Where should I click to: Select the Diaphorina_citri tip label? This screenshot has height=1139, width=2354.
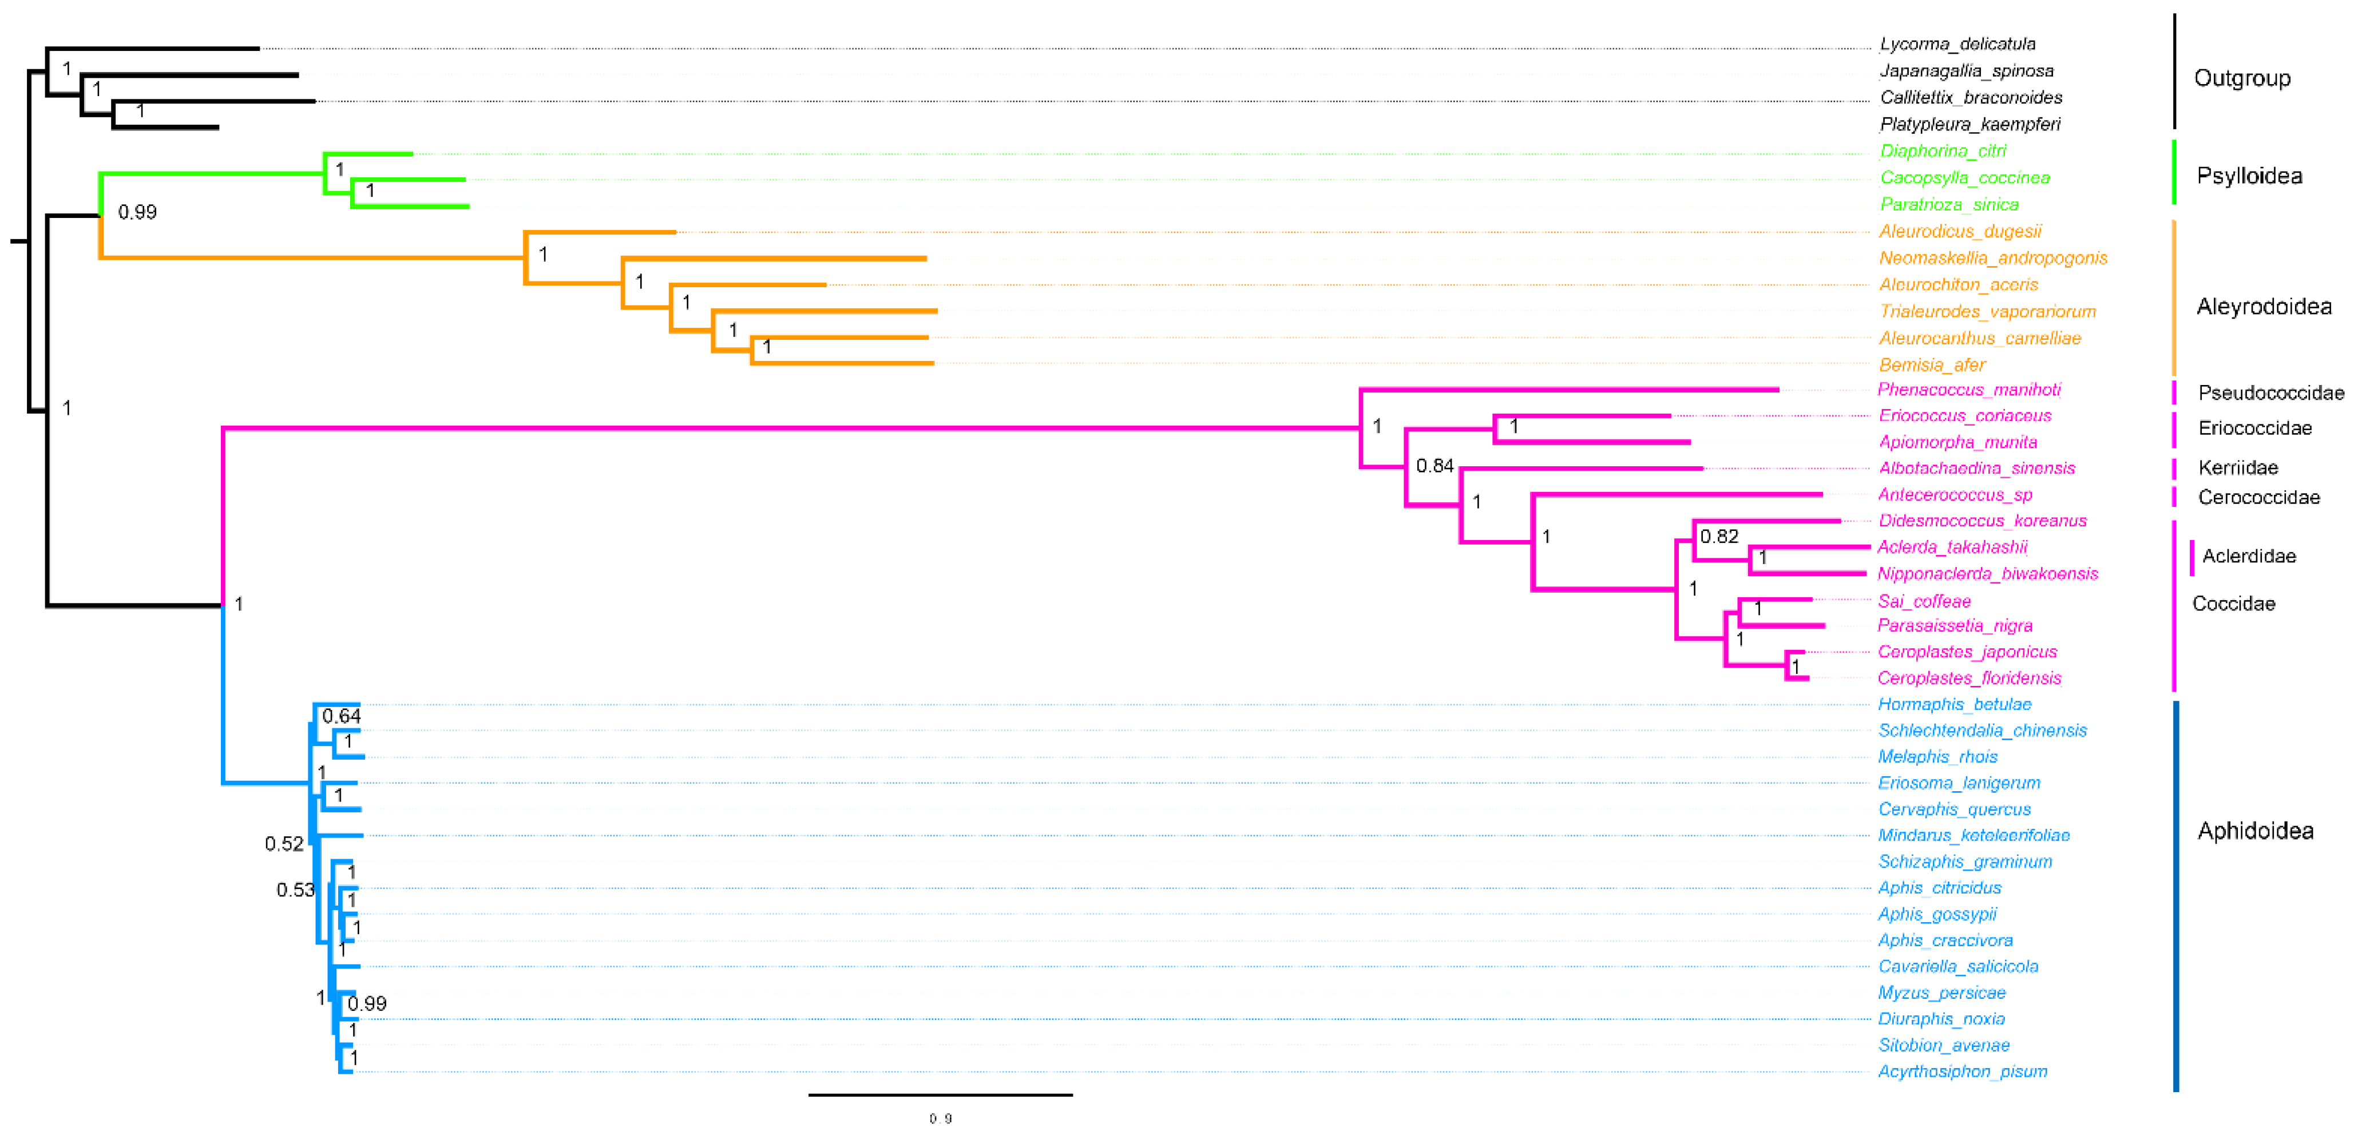coord(1943,150)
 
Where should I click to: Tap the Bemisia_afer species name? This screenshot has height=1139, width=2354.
coord(1932,364)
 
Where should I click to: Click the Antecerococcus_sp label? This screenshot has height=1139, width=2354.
coord(1955,495)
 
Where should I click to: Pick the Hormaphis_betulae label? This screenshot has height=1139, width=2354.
coord(1953,704)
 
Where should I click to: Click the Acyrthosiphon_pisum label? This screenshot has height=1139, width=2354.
coord(1962,1071)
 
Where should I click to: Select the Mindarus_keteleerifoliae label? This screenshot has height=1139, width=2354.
coord(1973,835)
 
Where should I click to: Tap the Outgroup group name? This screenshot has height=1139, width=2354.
coord(2242,78)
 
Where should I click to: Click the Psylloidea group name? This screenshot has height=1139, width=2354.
coord(2249,176)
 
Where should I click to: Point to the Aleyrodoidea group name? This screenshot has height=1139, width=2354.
coord(2264,307)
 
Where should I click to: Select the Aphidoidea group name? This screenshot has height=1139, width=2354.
coord(2256,831)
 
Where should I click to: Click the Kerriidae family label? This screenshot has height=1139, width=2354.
coord(2237,467)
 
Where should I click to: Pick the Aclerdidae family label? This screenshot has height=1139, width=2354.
coord(2248,556)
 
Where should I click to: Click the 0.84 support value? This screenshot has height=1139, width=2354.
coord(1434,466)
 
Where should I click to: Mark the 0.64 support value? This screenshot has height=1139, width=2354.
coord(341,716)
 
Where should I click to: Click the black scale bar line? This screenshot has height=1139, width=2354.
coord(940,1094)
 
